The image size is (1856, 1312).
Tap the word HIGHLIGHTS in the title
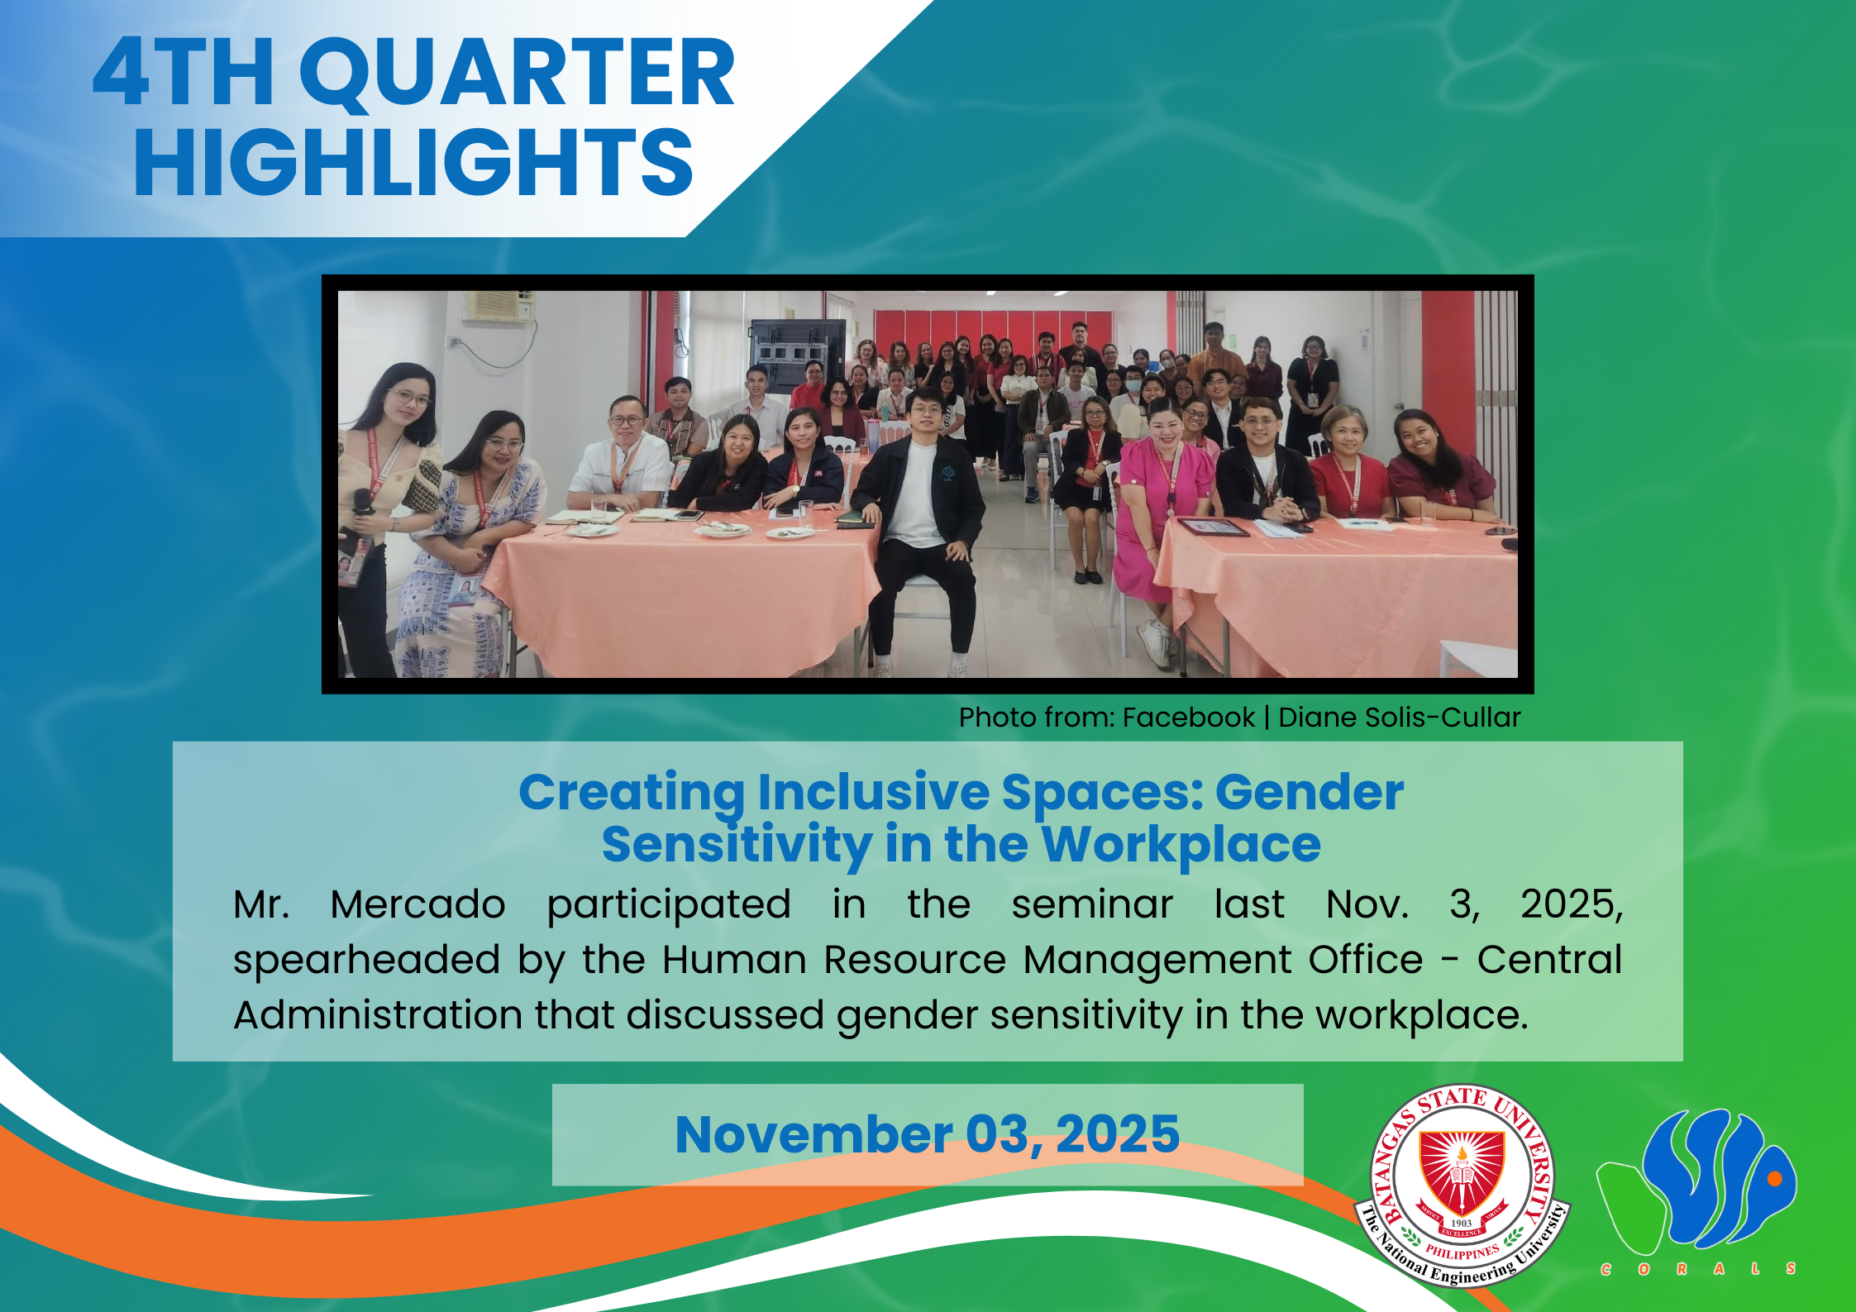(413, 163)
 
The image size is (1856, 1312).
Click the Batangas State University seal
(1462, 1186)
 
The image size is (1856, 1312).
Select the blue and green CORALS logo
(1697, 1190)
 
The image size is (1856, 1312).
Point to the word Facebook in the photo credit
(1189, 717)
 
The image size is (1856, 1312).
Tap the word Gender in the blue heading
(1310, 793)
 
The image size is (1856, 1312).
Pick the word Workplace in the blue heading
(1181, 846)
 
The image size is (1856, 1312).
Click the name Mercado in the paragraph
(417, 904)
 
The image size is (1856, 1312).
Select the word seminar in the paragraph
(1092, 904)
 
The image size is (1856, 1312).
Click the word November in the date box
(813, 1133)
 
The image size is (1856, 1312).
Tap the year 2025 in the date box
(1118, 1133)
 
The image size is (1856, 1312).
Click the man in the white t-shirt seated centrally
(919, 521)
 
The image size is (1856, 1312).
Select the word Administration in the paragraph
(378, 1014)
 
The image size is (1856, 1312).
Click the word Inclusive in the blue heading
(873, 793)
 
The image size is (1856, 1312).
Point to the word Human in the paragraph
(734, 959)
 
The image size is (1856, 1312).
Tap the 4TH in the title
(183, 73)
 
